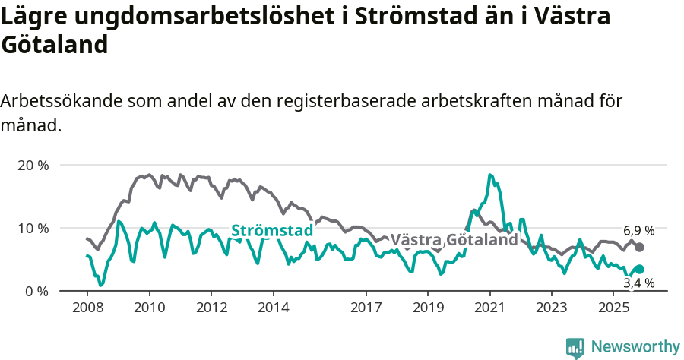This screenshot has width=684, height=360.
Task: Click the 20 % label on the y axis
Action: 32,165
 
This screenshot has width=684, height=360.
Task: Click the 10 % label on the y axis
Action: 32,228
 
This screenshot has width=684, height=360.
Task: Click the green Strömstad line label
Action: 272,230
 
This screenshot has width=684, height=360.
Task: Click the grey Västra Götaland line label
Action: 454,240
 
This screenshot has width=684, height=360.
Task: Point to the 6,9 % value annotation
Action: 639,231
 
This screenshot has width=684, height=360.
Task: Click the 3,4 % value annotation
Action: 639,283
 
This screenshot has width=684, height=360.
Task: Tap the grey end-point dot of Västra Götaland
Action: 640,248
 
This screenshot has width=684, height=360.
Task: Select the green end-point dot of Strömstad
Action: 640,270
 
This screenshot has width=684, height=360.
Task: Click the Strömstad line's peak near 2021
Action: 490,175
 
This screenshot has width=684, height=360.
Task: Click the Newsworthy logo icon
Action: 575,347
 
